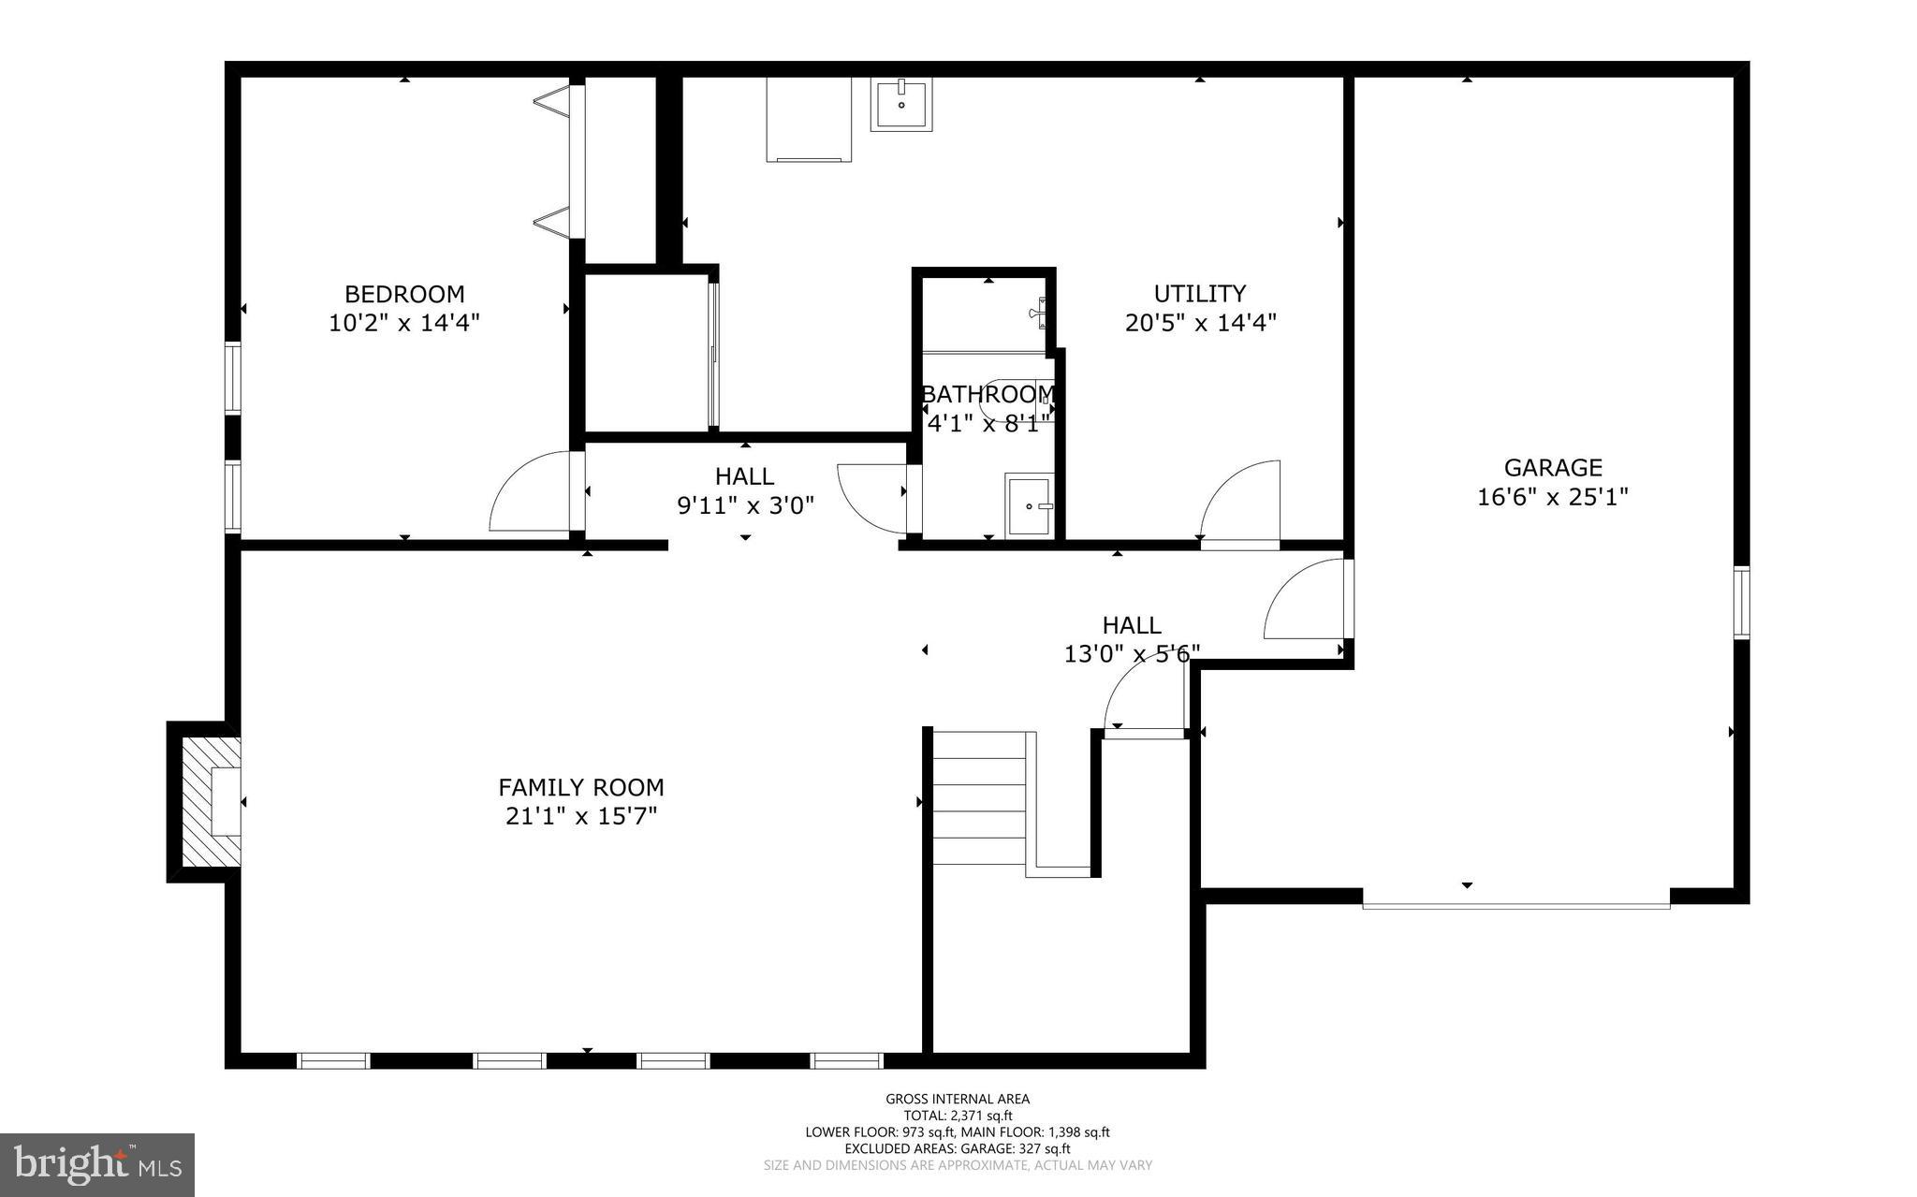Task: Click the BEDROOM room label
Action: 404,294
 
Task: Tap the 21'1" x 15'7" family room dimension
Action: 581,816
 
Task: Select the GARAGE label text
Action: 1553,467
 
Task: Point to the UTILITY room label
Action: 1199,293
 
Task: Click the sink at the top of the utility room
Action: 901,105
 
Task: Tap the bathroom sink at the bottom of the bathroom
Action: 1029,506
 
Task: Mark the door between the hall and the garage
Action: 1305,599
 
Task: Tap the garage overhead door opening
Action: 1515,904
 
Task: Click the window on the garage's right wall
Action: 1741,602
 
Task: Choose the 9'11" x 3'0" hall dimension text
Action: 745,505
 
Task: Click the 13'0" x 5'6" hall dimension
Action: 1132,653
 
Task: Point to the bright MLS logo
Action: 97,1164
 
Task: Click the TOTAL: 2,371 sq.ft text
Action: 958,1116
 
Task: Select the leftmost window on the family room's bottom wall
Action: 333,1060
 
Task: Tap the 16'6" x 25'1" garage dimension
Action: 1553,496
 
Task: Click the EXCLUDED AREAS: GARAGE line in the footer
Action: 958,1148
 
